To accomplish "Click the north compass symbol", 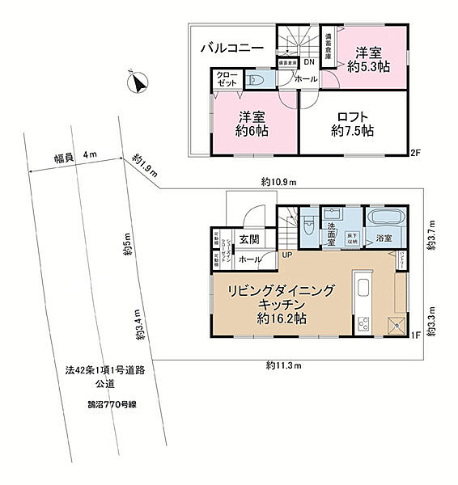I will coord(137,82).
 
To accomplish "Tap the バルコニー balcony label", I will coord(232,48).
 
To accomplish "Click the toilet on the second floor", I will coord(258,80).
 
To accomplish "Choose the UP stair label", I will coord(286,255).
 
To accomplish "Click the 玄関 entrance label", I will coord(248,238).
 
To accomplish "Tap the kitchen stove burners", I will coord(362,324).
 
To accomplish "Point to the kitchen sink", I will coord(362,288).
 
